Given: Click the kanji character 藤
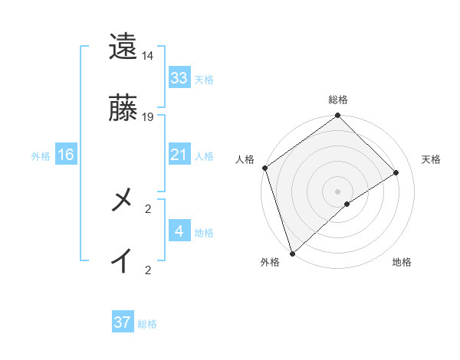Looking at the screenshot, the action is [123, 109].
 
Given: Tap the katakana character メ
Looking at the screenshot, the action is [123, 201].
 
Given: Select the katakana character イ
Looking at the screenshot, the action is [123, 260].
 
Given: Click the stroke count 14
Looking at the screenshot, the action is [148, 56].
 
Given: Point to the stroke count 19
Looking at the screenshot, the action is [148, 117].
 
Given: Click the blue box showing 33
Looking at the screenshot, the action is [179, 78].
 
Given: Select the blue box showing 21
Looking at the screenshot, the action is [179, 155].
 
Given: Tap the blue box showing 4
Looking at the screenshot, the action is [179, 231].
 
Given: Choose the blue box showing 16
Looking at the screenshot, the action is [65, 155].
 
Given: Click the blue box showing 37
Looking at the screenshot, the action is [122, 322].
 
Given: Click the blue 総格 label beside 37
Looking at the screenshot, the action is [147, 324].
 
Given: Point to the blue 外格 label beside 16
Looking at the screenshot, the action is [41, 155].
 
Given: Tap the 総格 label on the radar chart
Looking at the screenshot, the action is [338, 100].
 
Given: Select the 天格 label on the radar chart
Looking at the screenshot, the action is [432, 159].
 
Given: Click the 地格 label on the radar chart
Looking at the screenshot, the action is [402, 263].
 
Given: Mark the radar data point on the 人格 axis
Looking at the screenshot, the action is [264, 168].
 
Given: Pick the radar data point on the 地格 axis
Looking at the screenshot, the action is [347, 204].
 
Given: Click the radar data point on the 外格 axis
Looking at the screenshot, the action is [292, 253].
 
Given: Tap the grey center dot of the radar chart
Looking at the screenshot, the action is [338, 191].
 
